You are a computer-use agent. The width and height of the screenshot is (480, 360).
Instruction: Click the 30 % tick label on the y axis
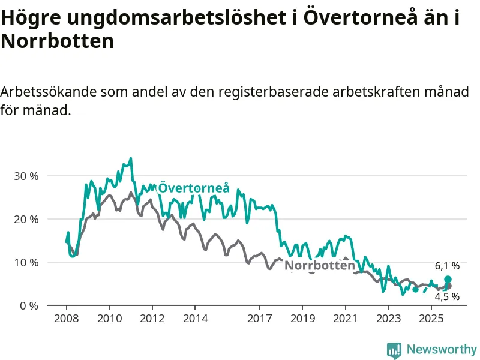(26, 176)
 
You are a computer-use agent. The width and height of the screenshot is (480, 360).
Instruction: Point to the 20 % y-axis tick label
(26, 220)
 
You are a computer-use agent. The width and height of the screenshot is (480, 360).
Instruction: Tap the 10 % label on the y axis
(26, 263)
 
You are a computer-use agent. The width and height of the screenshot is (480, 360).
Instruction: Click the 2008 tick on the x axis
(67, 318)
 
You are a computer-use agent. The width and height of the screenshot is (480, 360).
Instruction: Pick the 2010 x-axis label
(109, 318)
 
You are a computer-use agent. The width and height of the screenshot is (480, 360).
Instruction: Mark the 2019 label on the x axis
(302, 318)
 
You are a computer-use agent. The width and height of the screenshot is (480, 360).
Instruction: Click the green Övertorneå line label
(193, 188)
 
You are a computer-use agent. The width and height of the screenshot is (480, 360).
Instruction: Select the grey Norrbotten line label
(319, 266)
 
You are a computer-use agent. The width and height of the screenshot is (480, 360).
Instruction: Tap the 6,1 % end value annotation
(448, 266)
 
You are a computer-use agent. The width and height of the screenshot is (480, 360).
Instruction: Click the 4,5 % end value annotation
(448, 296)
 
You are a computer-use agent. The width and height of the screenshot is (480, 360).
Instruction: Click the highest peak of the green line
(131, 158)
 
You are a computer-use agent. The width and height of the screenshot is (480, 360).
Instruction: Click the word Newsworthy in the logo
(442, 349)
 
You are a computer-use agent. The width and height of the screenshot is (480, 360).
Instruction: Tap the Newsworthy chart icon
(394, 350)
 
